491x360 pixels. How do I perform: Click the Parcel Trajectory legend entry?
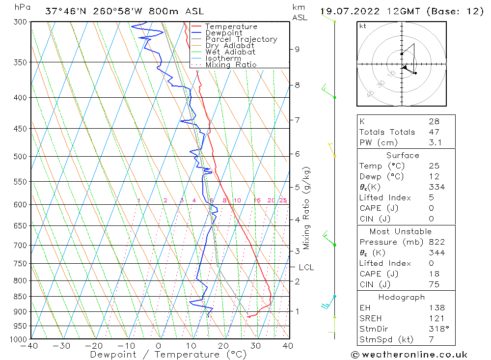(x=241, y=39)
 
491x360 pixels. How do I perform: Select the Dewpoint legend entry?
(x=223, y=33)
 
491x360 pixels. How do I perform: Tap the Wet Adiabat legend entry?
(x=230, y=52)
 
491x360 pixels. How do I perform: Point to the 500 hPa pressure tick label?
(x=21, y=157)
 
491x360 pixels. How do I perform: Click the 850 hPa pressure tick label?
(x=21, y=297)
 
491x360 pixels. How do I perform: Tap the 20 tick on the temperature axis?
(x=223, y=346)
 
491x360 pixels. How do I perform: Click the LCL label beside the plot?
(x=306, y=267)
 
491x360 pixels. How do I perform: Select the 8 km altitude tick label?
(x=298, y=85)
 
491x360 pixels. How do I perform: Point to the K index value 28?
(x=434, y=121)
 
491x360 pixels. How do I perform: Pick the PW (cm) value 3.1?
(x=435, y=142)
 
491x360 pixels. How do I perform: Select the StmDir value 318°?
(x=437, y=329)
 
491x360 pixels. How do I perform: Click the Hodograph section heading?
(x=402, y=297)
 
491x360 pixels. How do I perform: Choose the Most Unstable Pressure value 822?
(x=436, y=242)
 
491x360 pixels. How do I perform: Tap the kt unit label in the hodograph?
(x=362, y=26)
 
